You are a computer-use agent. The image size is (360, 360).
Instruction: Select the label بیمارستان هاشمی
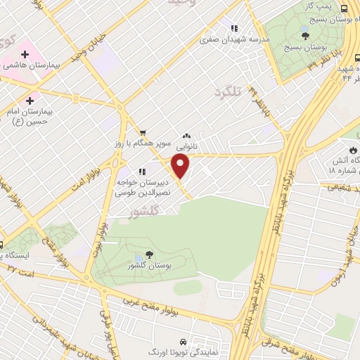tap(29, 65)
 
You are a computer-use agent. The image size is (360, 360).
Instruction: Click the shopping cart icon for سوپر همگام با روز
tap(142, 131)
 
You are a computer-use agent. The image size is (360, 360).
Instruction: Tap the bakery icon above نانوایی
tap(186, 136)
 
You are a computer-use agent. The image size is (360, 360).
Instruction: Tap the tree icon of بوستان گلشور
tap(148, 255)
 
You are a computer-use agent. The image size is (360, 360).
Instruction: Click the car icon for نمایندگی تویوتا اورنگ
tap(183, 340)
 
